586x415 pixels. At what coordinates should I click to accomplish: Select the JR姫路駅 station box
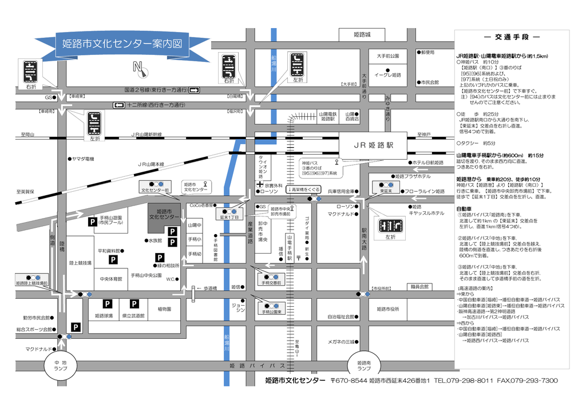pos(373,145)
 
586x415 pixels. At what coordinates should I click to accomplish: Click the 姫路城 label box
pos(362,35)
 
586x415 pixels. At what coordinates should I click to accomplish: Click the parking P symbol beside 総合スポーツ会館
pos(75,327)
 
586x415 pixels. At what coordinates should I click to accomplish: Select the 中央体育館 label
pos(110,279)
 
